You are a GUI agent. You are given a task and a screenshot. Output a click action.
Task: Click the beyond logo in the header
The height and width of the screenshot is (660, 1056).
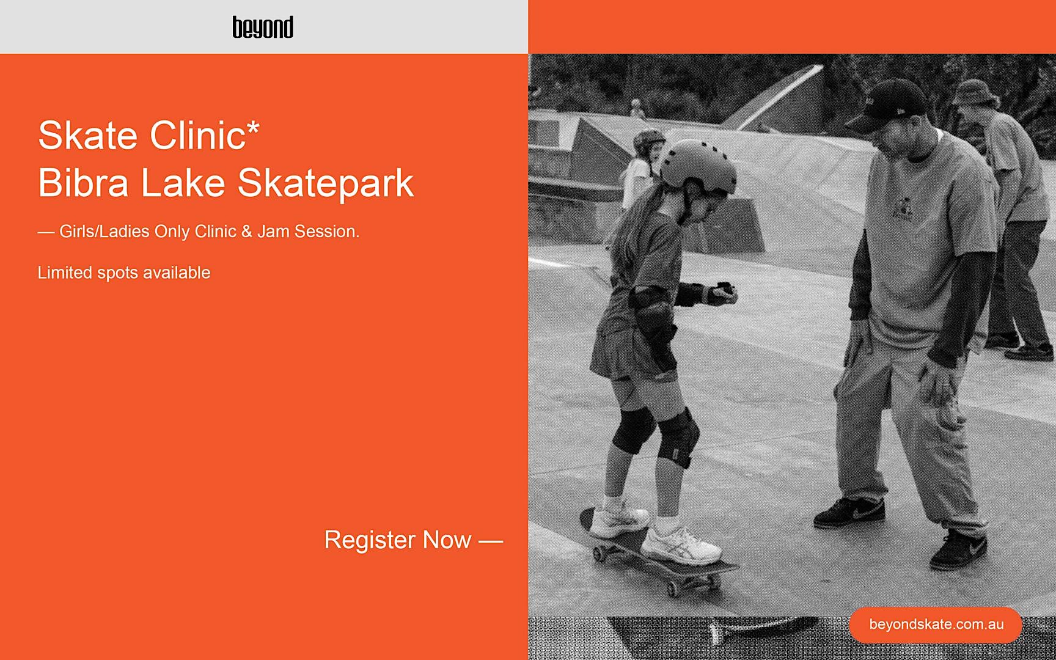click(263, 28)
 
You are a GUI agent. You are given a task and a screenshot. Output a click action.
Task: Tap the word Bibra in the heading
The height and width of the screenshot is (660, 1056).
click(84, 183)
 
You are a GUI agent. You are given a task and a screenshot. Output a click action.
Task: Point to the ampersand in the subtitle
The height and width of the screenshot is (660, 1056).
click(247, 232)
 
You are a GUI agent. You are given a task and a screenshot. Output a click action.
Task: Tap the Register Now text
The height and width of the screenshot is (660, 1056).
click(398, 540)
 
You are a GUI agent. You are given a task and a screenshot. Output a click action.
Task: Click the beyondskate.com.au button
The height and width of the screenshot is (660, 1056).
click(936, 625)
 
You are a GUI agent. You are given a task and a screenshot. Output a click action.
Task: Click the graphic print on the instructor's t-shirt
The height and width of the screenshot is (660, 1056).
click(902, 208)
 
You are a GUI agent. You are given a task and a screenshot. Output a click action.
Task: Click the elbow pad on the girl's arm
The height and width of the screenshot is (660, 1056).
click(651, 312)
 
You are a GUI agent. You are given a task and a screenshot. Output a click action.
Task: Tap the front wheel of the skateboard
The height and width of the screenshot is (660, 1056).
click(673, 588)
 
